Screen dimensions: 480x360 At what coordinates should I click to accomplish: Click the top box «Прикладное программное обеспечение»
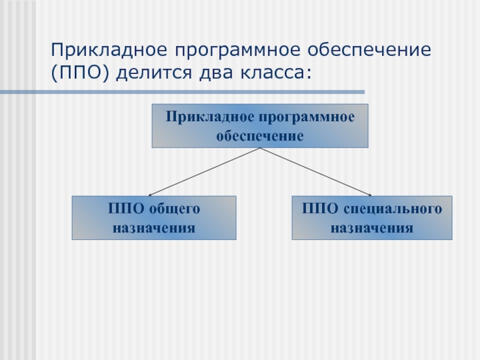[259, 126]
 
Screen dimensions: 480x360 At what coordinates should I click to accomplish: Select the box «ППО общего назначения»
[154, 218]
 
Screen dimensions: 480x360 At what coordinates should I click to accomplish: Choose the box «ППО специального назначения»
[372, 218]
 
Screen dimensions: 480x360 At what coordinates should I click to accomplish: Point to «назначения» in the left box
[154, 228]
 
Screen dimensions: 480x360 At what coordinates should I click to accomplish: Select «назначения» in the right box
[372, 228]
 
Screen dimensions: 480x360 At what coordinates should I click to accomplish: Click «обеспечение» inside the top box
[259, 136]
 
